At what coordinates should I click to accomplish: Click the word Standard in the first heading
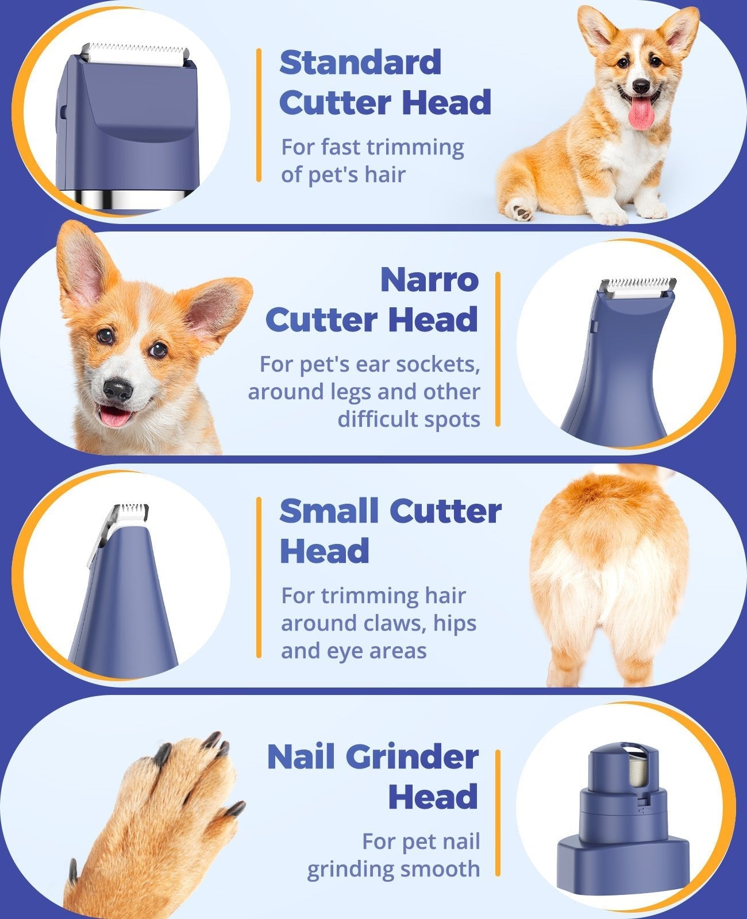(x=360, y=63)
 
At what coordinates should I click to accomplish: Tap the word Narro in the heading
(x=429, y=280)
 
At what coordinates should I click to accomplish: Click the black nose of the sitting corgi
(x=641, y=86)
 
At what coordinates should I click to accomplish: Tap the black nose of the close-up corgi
(x=118, y=391)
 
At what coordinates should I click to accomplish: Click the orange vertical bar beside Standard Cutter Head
(x=259, y=115)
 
